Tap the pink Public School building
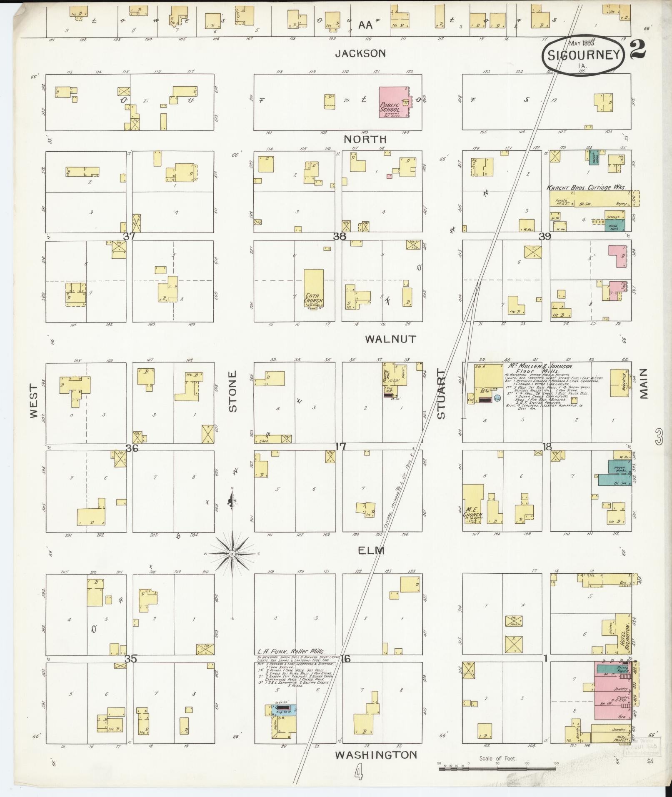point(393,102)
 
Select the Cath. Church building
point(313,288)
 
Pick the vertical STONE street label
point(232,391)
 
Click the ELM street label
point(371,551)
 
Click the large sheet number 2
point(638,49)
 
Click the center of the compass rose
point(232,553)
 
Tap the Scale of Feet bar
point(497,768)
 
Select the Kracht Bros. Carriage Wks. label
point(586,188)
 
